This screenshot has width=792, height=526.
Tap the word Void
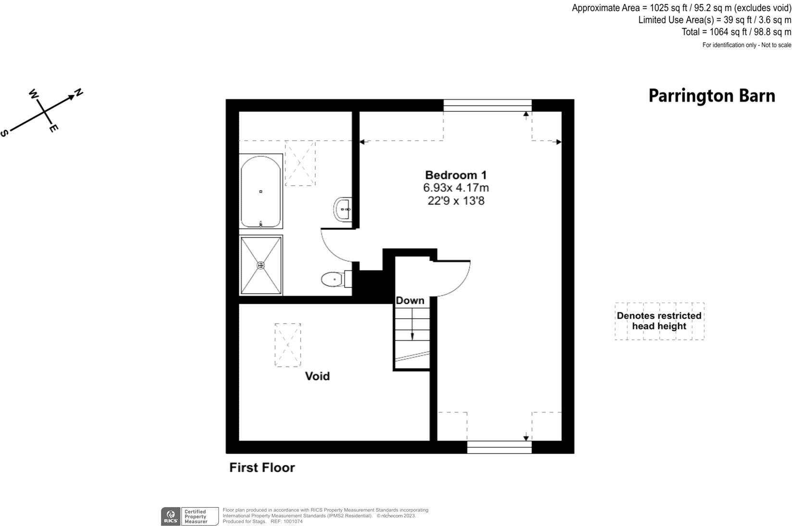[x=317, y=376]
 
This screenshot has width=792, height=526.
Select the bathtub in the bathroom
[x=260, y=191]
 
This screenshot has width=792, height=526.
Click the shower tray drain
[x=260, y=265]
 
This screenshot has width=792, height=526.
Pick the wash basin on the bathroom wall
[x=343, y=209]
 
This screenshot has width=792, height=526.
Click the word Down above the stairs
[x=410, y=300]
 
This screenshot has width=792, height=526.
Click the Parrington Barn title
[x=711, y=96]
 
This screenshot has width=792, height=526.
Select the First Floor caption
[x=262, y=467]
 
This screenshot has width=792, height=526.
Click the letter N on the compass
[x=78, y=92]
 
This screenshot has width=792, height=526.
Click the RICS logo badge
[x=170, y=516]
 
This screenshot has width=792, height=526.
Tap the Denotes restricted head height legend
[x=659, y=321]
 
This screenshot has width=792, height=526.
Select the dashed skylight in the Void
[x=287, y=345]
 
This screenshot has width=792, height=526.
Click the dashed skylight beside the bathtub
[x=300, y=163]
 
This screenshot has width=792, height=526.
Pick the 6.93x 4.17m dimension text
[x=456, y=188]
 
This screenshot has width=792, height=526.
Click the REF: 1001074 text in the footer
[x=286, y=521]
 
